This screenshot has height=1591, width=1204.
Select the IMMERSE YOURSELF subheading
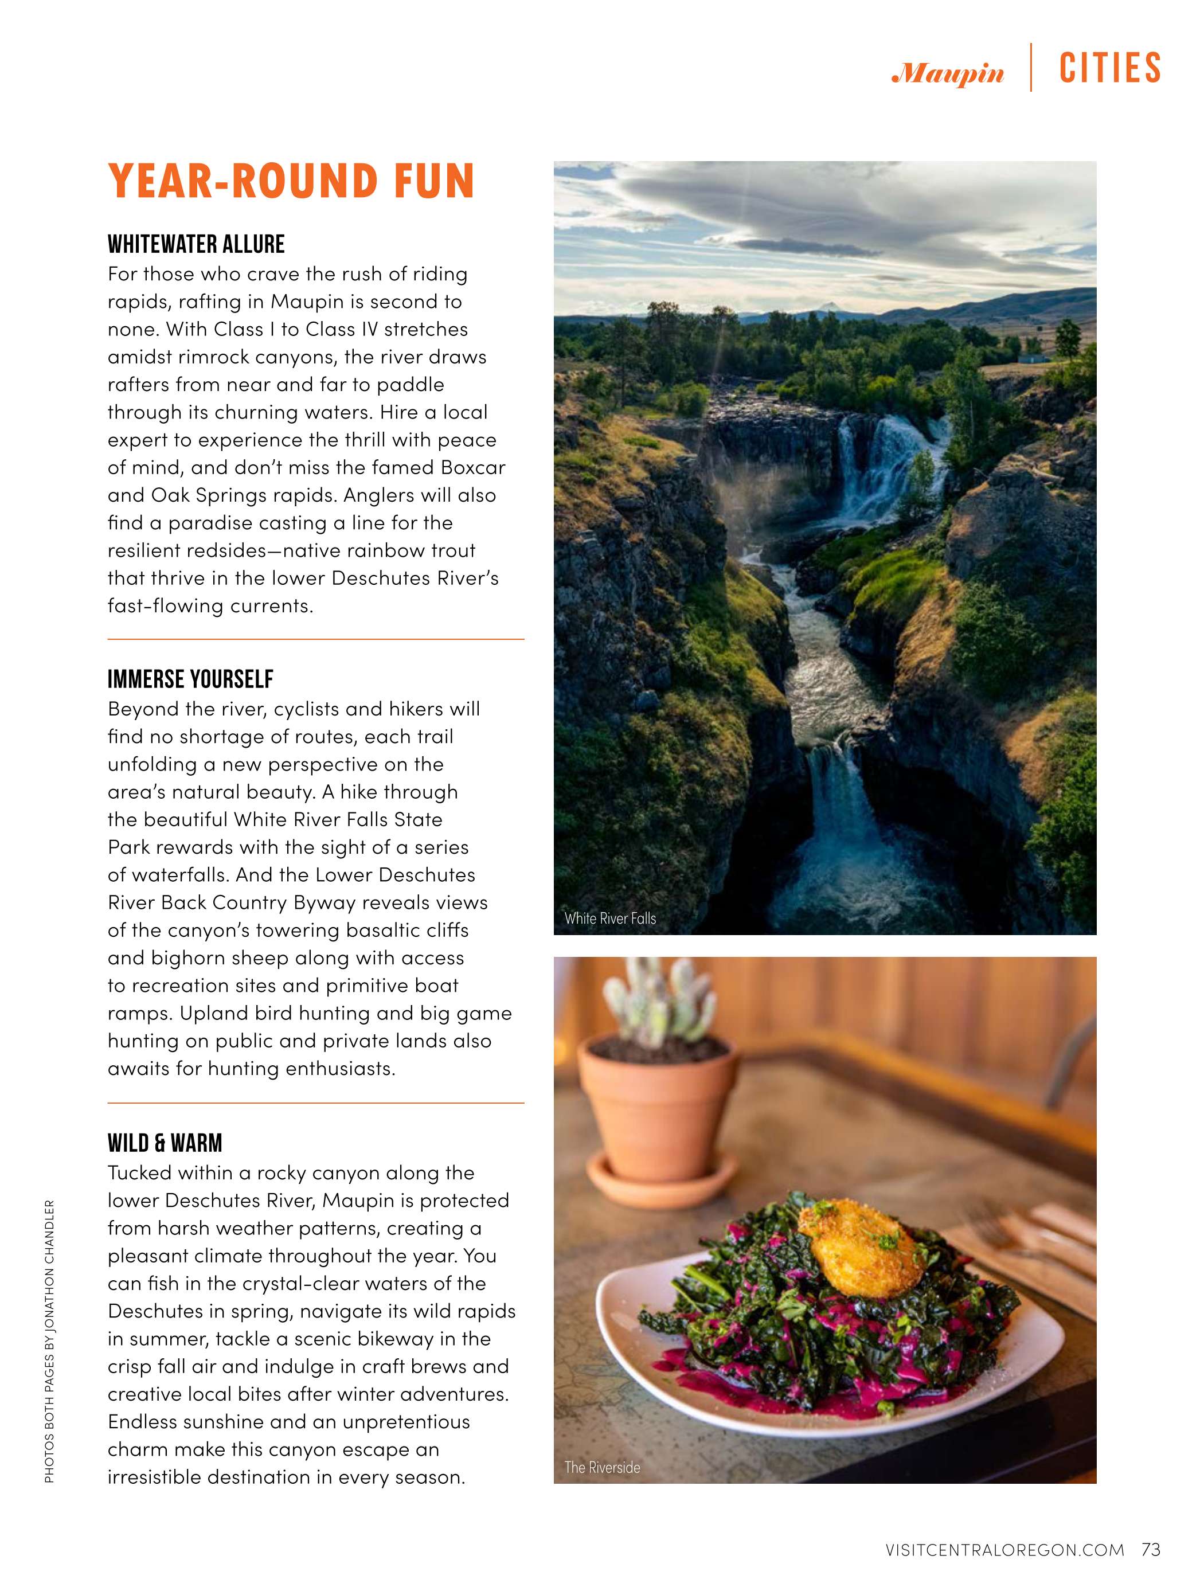[x=190, y=679]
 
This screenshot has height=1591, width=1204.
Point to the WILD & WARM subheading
[x=165, y=1143]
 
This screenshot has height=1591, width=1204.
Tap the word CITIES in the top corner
[x=1110, y=69]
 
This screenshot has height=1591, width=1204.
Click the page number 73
[x=1151, y=1549]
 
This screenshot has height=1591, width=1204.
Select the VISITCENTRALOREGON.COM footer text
[x=1005, y=1550]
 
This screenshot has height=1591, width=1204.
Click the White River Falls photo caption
[x=610, y=918]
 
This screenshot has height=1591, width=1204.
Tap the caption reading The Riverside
[x=602, y=1467]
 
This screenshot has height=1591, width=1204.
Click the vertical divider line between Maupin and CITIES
[x=1031, y=68]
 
